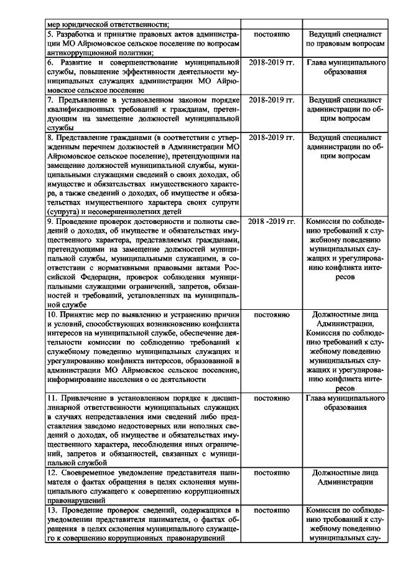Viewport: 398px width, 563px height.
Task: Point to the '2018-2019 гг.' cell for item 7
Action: [x=272, y=100]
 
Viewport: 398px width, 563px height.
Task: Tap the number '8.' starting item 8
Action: [x=52, y=137]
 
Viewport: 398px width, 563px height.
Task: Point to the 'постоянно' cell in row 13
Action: [x=272, y=509]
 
